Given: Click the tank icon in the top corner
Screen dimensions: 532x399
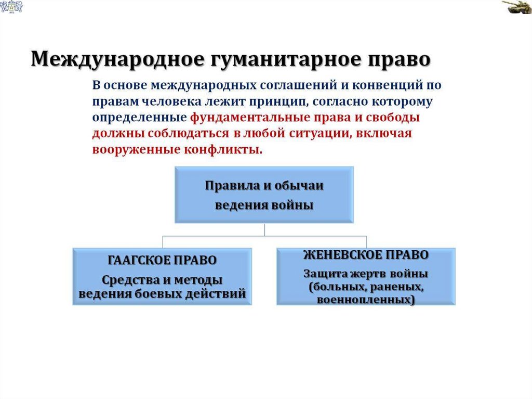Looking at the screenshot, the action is [516, 8].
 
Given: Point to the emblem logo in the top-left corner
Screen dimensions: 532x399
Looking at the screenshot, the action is [10, 7].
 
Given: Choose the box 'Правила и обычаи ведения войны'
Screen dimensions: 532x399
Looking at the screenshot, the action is [264, 195].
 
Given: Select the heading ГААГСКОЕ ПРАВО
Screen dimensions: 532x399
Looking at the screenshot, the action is [162, 260].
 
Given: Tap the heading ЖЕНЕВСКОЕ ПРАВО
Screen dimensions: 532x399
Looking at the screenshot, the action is [366, 255].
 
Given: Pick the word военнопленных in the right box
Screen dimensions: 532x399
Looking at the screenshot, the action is [366, 300].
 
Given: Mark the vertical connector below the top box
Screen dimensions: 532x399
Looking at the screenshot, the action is [264, 229].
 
